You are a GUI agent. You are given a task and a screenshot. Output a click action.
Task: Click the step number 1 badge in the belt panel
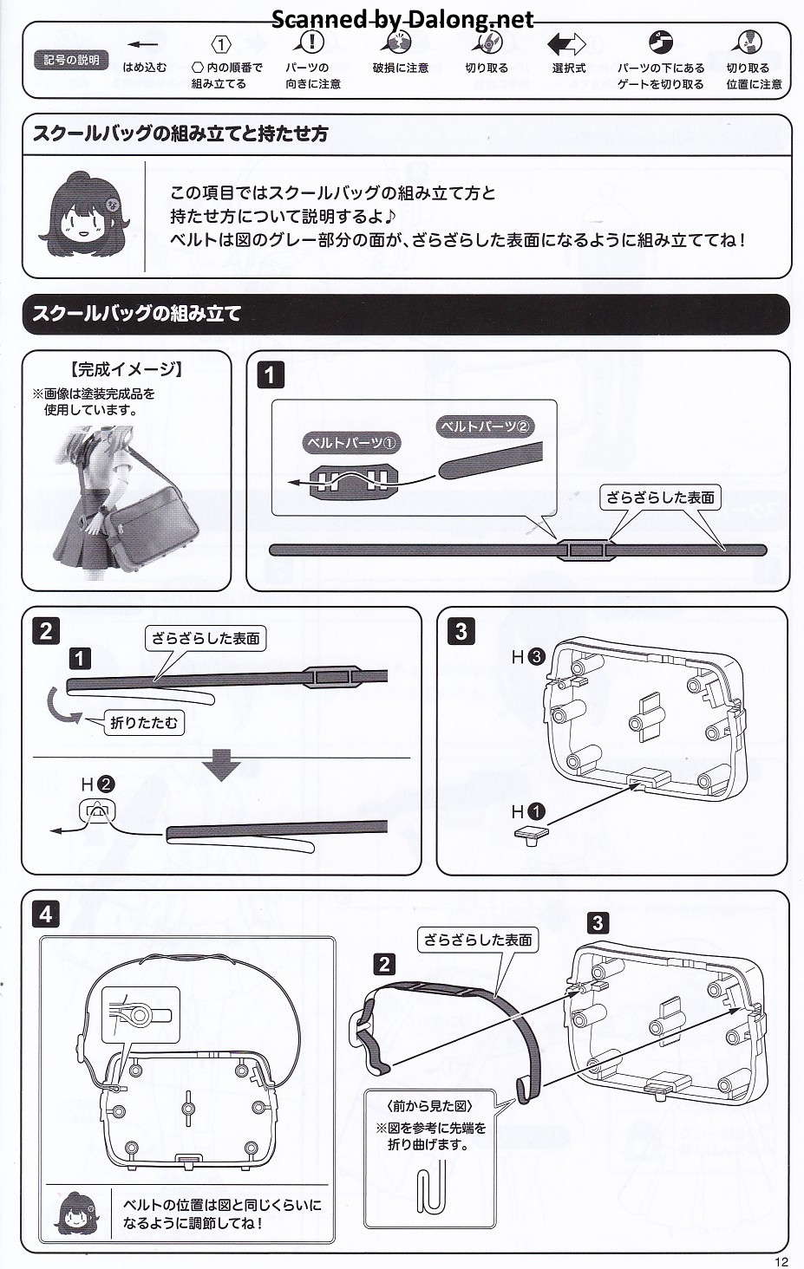point(270,374)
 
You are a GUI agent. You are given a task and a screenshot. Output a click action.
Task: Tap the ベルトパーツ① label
point(351,443)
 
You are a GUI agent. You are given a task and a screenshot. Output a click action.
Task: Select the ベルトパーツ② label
point(485,426)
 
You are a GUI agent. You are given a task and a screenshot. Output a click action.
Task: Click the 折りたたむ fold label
point(144,722)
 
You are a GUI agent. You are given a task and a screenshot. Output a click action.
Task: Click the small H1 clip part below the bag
point(529,834)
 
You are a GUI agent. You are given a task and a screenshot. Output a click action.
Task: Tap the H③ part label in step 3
point(526,656)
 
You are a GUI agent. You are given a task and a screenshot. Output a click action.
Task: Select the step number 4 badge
point(46,914)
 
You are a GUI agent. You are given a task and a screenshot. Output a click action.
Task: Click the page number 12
point(781,1261)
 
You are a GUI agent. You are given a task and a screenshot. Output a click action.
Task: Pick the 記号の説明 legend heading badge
point(72,60)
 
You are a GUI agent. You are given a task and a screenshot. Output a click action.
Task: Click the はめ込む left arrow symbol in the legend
point(143,44)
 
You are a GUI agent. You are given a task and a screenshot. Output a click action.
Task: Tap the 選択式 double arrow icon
point(567,43)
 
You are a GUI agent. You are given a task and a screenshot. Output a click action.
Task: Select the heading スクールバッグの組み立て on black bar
point(137,314)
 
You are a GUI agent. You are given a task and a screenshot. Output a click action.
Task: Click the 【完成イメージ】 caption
point(127,369)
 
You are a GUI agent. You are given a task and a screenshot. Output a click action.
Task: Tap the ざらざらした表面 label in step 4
point(478,940)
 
